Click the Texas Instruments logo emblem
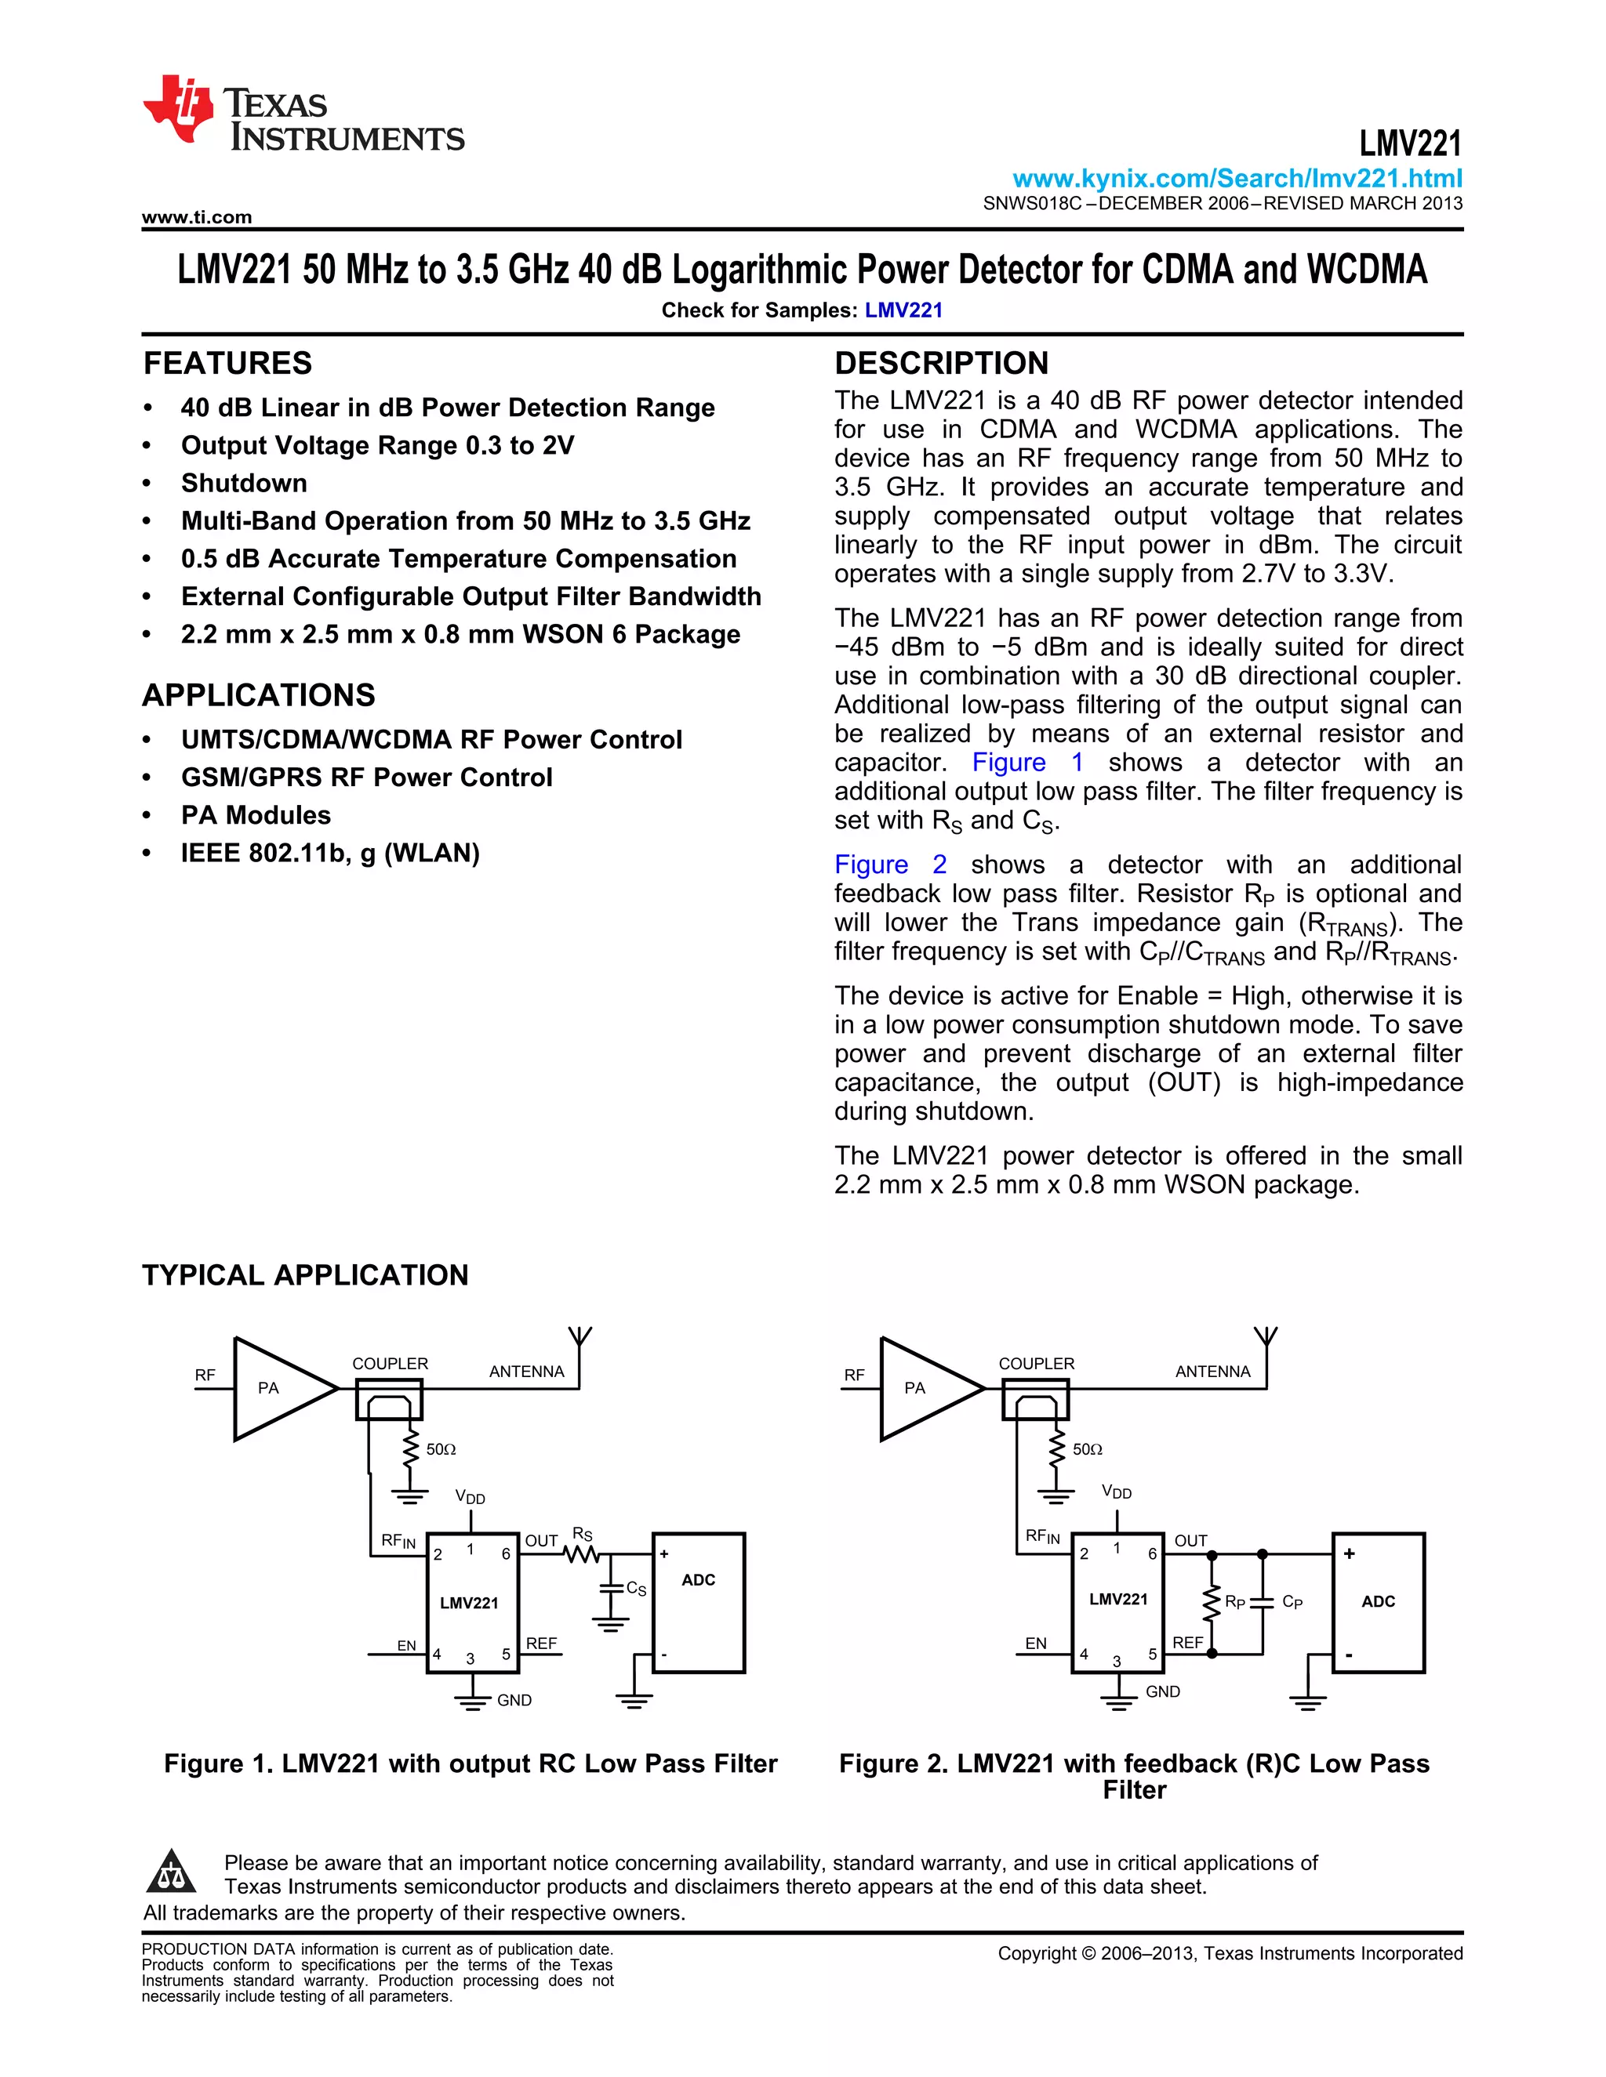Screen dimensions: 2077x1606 [x=178, y=107]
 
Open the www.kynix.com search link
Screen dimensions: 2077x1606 [x=1237, y=179]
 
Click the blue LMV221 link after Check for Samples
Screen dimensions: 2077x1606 [x=903, y=310]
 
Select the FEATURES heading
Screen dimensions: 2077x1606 [x=227, y=364]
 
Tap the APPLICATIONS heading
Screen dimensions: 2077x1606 [x=259, y=695]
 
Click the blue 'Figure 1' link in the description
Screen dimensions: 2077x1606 [x=1026, y=763]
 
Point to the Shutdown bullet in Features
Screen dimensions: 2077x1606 [x=244, y=483]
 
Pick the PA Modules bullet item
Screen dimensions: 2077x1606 [x=256, y=815]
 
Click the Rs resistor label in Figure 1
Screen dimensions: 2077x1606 [x=583, y=1534]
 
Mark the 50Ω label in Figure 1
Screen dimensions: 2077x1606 [x=441, y=1449]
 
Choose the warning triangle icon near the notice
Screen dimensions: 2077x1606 [x=171, y=1872]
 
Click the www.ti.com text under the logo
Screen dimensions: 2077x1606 [x=197, y=217]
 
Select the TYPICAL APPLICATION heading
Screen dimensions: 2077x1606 [x=305, y=1275]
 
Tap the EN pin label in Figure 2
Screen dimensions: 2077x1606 [x=1035, y=1642]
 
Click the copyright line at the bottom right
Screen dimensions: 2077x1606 [x=1230, y=1953]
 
